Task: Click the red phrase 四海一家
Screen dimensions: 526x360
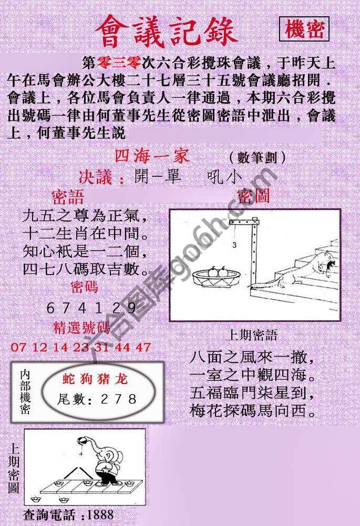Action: pyautogui.click(x=151, y=156)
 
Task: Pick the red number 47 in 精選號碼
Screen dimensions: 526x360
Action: pyautogui.click(x=143, y=347)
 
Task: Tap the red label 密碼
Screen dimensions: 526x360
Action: pyautogui.click(x=84, y=286)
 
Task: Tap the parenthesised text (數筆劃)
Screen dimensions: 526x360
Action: pyautogui.click(x=257, y=157)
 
